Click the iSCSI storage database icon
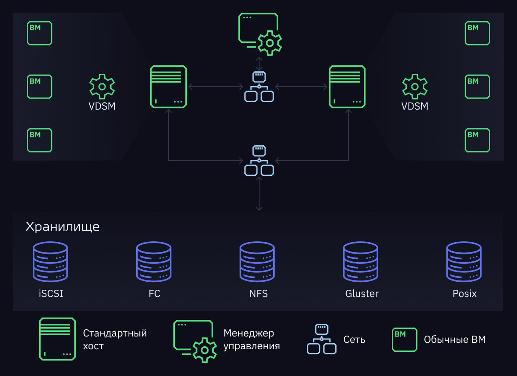(50, 262)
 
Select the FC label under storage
(154, 294)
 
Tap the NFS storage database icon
(257, 262)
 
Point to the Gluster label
(362, 294)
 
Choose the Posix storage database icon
(464, 262)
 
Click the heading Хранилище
(63, 227)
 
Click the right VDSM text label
(415, 106)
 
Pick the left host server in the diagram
(169, 87)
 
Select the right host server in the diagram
(347, 87)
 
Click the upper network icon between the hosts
(259, 87)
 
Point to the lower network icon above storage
(259, 161)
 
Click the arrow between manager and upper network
(259, 64)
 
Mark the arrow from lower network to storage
(259, 194)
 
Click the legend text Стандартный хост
(115, 339)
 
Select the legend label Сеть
(354, 339)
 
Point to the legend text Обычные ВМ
(455, 339)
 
